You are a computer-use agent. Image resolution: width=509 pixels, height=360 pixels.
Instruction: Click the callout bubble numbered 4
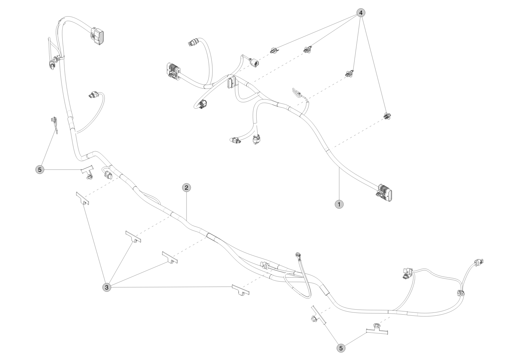pos(361,13)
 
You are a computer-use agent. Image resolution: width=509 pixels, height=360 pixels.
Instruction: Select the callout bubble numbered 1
pos(339,204)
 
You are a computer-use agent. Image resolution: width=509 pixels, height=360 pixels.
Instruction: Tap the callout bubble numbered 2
pos(186,188)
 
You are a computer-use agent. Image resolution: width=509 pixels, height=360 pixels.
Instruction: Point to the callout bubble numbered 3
pos(107,287)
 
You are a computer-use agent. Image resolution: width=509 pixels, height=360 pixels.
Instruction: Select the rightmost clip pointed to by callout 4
pos(387,116)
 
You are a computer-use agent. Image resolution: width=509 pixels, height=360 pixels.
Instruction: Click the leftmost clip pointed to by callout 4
pos(273,50)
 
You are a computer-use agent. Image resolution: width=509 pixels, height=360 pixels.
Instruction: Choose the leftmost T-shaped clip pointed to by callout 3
pos(82,198)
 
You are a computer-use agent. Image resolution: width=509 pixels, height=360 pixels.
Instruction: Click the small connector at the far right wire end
pos(478,262)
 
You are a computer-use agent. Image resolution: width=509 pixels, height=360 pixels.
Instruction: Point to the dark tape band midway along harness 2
pos(213,237)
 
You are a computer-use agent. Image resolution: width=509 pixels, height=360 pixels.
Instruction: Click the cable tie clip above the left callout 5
pos(54,125)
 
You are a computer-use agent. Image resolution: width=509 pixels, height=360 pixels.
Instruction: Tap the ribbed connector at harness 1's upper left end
pos(174,71)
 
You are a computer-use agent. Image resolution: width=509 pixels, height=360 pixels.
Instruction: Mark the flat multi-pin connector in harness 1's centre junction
pos(231,83)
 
